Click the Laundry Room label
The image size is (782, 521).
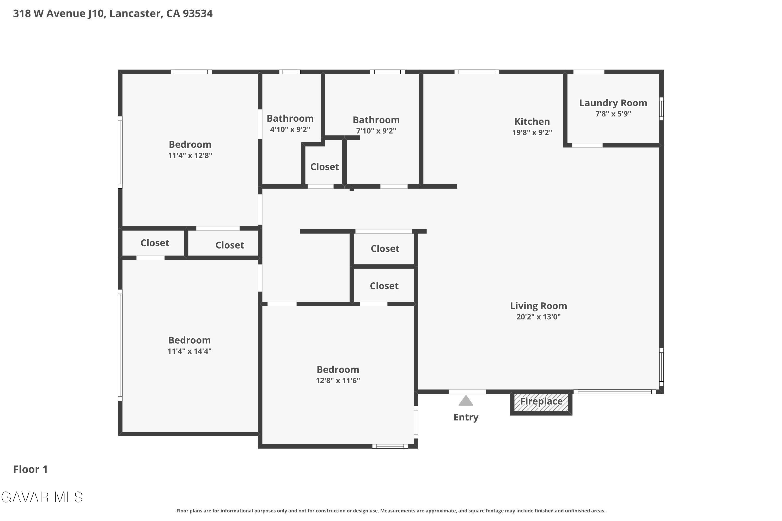[x=613, y=103]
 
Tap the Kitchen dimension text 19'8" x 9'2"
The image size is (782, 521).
[x=532, y=132]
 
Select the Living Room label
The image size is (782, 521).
[x=538, y=306]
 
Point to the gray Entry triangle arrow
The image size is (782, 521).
[x=466, y=400]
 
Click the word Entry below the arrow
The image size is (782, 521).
[x=466, y=417]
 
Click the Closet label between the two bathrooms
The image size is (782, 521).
[x=325, y=167]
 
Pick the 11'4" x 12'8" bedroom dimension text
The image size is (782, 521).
[x=190, y=156]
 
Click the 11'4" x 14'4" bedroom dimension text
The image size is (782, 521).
[x=190, y=351]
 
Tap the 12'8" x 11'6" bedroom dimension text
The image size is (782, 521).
[x=338, y=380]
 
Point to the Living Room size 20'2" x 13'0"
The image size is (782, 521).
[x=538, y=317]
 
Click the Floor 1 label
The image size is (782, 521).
[x=30, y=469]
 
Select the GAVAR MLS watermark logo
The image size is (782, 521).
[x=42, y=497]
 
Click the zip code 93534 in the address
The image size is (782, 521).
[x=198, y=14]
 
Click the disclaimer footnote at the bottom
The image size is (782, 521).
[x=391, y=511]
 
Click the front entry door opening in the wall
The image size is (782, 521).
[x=467, y=392]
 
